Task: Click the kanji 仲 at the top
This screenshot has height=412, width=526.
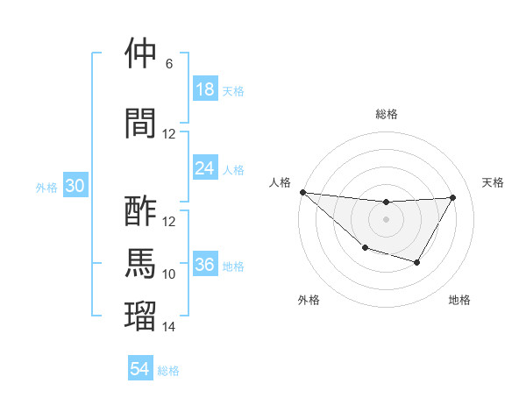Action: pos(141,54)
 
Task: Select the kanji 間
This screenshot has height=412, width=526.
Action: pos(141,123)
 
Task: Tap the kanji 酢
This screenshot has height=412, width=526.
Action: pos(141,211)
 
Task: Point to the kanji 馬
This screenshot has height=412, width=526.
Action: pos(141,264)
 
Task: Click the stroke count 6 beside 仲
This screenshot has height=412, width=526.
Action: pos(169,64)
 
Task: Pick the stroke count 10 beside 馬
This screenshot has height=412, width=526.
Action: pos(169,274)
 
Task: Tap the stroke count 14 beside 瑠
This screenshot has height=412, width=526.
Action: pos(169,327)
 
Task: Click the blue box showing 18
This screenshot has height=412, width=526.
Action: pos(205,89)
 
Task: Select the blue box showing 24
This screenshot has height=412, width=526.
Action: pos(205,168)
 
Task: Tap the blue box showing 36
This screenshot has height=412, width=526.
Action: pos(205,265)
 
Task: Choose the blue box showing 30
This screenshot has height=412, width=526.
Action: pos(75,186)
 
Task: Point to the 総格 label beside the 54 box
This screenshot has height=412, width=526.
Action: pos(168,371)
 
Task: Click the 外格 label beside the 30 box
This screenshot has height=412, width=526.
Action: pos(46,187)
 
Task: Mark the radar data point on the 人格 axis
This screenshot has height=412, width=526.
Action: pos(302,192)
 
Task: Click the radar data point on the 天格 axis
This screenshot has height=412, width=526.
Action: pos(452,197)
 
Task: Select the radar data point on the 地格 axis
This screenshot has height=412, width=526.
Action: pos(417,262)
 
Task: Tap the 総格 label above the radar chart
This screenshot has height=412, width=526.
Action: pos(386,114)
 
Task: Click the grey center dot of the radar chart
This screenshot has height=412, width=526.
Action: pos(386,218)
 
